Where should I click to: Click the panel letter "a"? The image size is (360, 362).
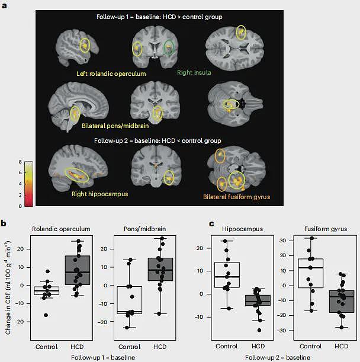[4, 5]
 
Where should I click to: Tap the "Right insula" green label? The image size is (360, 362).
[194, 72]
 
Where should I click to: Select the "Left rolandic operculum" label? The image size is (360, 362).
[111, 73]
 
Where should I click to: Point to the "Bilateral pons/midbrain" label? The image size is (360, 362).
[115, 126]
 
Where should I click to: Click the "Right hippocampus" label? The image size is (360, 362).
[99, 194]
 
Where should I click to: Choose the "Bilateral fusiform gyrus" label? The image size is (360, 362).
[236, 197]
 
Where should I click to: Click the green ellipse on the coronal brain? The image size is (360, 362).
[169, 48]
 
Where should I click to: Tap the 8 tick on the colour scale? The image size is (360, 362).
[20, 162]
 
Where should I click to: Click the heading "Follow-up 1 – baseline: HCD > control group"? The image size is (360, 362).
[159, 17]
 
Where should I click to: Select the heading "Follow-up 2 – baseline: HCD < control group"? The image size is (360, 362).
[157, 140]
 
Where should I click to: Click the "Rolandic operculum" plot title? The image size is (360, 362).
[61, 229]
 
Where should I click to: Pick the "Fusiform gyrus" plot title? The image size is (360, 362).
[326, 229]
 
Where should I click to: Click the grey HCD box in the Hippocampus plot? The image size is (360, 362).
[258, 300]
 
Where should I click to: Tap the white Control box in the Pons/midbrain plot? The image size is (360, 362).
[129, 300]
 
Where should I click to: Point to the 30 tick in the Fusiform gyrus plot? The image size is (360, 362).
[282, 241]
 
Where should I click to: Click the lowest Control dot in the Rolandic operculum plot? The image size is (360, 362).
[46, 315]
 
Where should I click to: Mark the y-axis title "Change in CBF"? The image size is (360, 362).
[8, 287]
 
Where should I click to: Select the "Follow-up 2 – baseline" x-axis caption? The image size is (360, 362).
[277, 358]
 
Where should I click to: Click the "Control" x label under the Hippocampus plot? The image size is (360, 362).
[227, 346]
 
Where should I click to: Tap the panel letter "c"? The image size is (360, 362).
[211, 223]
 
